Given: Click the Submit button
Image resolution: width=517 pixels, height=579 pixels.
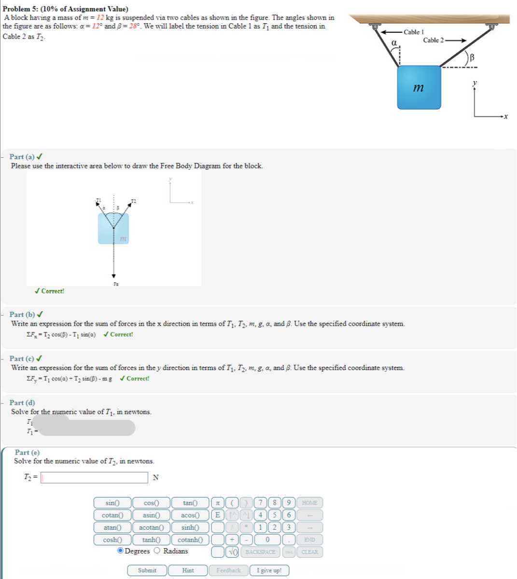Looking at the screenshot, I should tap(147, 570).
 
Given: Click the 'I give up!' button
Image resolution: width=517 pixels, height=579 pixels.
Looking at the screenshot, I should tap(269, 570).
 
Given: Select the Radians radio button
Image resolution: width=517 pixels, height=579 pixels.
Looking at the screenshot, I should tap(157, 551).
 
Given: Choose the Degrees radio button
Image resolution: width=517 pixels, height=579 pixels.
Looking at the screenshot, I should tap(120, 551).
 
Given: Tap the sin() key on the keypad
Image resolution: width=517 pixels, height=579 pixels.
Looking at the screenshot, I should tap(112, 503).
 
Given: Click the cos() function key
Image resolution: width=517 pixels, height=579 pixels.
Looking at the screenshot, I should tap(151, 503).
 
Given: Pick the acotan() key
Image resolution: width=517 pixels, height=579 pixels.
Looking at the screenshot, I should tap(151, 528).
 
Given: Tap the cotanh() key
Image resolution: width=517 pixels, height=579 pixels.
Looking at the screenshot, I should tap(190, 540).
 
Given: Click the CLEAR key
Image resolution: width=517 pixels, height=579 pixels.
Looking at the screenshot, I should tap(309, 552).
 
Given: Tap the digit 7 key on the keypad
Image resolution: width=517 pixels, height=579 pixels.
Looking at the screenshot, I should tap(261, 503).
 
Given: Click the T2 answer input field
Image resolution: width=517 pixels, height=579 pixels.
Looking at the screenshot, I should tap(95, 478).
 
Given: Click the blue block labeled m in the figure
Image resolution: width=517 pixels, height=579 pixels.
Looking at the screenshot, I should tap(419, 88).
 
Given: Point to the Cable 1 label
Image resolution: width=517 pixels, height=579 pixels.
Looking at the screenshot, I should tap(413, 32).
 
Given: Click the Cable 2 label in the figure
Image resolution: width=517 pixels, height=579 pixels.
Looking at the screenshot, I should tap(433, 40).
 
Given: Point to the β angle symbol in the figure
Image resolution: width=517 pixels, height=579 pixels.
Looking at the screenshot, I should tap(472, 57).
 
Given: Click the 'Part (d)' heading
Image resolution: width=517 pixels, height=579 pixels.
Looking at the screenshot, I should tap(22, 402).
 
